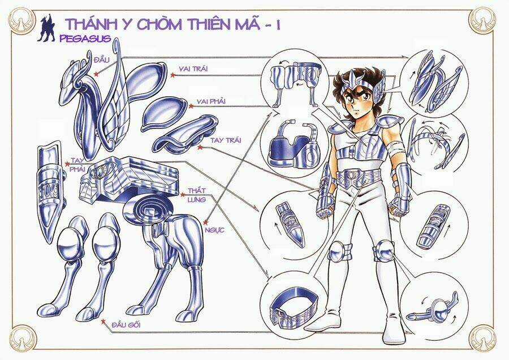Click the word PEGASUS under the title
(85, 38)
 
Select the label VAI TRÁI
(193, 69)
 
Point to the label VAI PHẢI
(211, 101)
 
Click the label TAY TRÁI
(226, 140)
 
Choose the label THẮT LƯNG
(197, 195)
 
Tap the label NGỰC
(214, 230)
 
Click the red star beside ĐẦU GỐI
(103, 322)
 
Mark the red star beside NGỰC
(205, 223)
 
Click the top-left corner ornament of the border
(21, 20)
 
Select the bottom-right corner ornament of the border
(483, 338)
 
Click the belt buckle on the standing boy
(352, 176)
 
